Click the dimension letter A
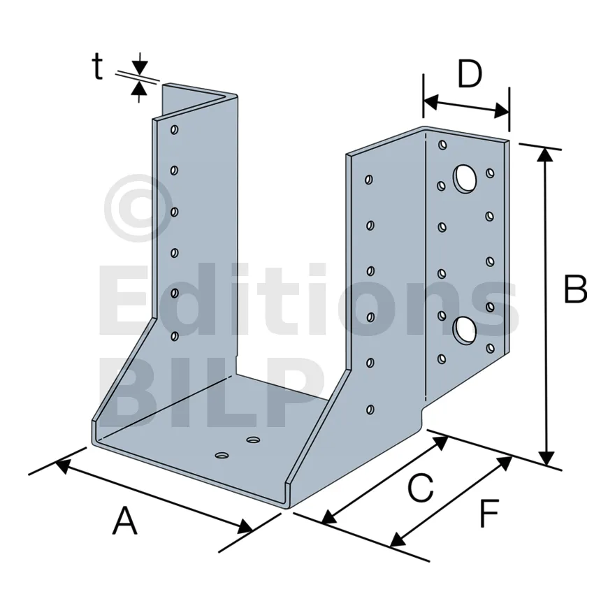125,521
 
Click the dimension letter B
575,289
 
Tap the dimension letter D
470,74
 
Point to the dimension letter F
489,513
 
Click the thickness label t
97,66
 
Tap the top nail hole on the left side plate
175,129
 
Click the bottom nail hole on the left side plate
175,336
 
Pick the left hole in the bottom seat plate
222,456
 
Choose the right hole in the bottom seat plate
253,440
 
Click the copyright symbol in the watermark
138,208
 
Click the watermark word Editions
309,299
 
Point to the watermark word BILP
211,392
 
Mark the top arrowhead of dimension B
545,154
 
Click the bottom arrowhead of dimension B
546,458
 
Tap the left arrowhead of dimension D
430,101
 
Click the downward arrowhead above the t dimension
140,68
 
